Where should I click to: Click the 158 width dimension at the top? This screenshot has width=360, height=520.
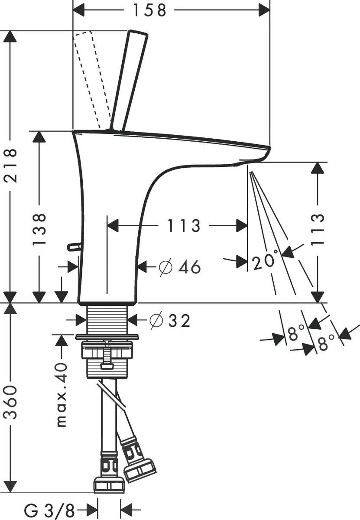(149, 10)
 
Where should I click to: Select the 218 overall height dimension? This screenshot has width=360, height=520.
(11, 166)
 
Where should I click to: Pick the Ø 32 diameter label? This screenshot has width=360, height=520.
(169, 321)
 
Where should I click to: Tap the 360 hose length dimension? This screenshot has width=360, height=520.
(11, 401)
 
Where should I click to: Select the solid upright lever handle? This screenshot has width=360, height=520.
(129, 80)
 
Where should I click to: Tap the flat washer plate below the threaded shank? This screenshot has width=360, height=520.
(107, 337)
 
